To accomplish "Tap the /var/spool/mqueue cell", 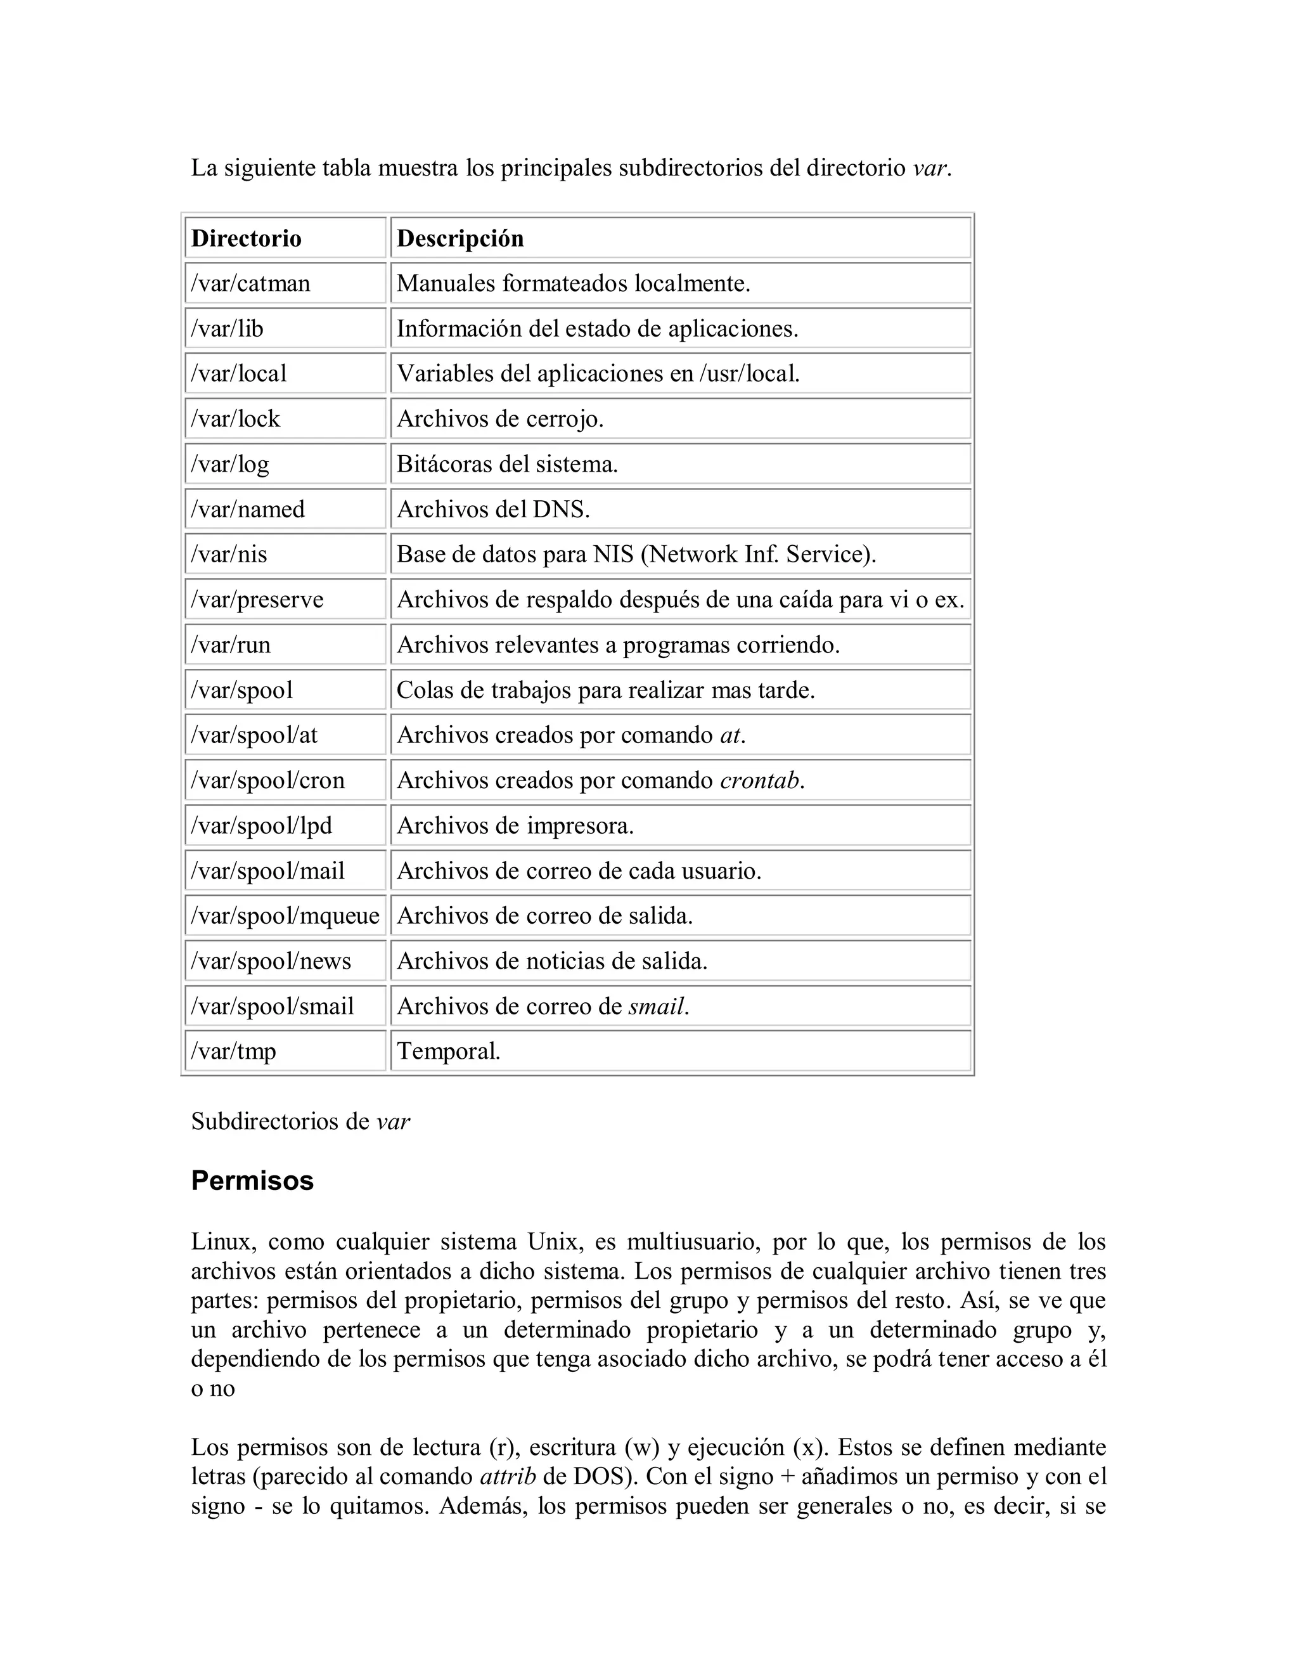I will pos(285,916).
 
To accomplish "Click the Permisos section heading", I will pos(252,1181).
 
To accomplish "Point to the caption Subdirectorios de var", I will pos(300,1121).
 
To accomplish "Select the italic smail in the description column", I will pos(656,1007).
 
